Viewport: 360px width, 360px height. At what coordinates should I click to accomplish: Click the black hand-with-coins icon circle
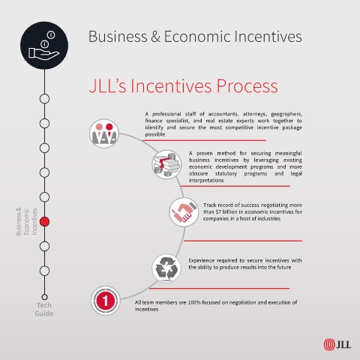tap(44, 46)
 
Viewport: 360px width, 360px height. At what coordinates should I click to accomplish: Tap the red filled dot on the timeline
tap(44, 221)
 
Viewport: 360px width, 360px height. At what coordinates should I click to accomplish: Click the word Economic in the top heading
tap(197, 37)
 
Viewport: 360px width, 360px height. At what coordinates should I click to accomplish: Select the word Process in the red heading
tap(247, 86)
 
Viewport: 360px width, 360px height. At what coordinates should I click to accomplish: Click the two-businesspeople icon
tap(104, 133)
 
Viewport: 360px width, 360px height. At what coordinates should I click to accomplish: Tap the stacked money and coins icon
tap(166, 164)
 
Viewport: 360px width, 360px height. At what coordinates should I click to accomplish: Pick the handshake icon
tap(184, 212)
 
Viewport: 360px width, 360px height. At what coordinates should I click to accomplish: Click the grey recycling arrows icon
tap(166, 268)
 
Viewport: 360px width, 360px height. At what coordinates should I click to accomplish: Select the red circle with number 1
tap(105, 301)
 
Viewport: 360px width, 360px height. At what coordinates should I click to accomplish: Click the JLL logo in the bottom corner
tap(337, 344)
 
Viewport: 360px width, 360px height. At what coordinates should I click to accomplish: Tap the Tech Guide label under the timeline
tap(44, 309)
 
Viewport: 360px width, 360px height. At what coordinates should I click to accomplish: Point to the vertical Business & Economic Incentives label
tap(26, 221)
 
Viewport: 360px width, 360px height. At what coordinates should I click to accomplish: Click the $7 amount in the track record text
tap(218, 211)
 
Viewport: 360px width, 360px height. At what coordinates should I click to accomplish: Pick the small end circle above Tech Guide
tap(44, 297)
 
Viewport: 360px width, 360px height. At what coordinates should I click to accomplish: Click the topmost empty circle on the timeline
tap(44, 99)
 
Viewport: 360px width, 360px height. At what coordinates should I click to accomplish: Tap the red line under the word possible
tap(204, 140)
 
